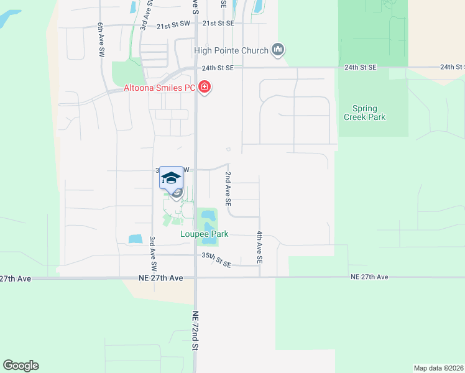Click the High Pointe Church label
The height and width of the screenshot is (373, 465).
pos(231,50)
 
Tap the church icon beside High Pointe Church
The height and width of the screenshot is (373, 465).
pos(278,50)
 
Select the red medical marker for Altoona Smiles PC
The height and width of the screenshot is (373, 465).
pos(205,88)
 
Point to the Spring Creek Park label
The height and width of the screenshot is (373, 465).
pos(364,113)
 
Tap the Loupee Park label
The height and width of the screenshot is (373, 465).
pos(205,234)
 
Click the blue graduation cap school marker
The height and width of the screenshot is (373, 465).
pos(171,178)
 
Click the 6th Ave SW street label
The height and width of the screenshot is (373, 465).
pos(100,41)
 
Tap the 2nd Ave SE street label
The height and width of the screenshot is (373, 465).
pos(228,189)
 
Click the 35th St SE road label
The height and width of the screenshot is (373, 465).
pos(216,260)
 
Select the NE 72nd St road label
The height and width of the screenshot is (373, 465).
pos(195,339)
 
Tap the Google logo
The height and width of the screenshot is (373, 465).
pos(21,366)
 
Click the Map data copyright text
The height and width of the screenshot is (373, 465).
pos(438,368)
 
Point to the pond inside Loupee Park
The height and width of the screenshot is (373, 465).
pos(208,219)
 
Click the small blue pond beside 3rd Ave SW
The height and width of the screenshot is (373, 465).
pos(135,239)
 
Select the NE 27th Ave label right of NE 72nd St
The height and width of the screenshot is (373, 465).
pos(369,277)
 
